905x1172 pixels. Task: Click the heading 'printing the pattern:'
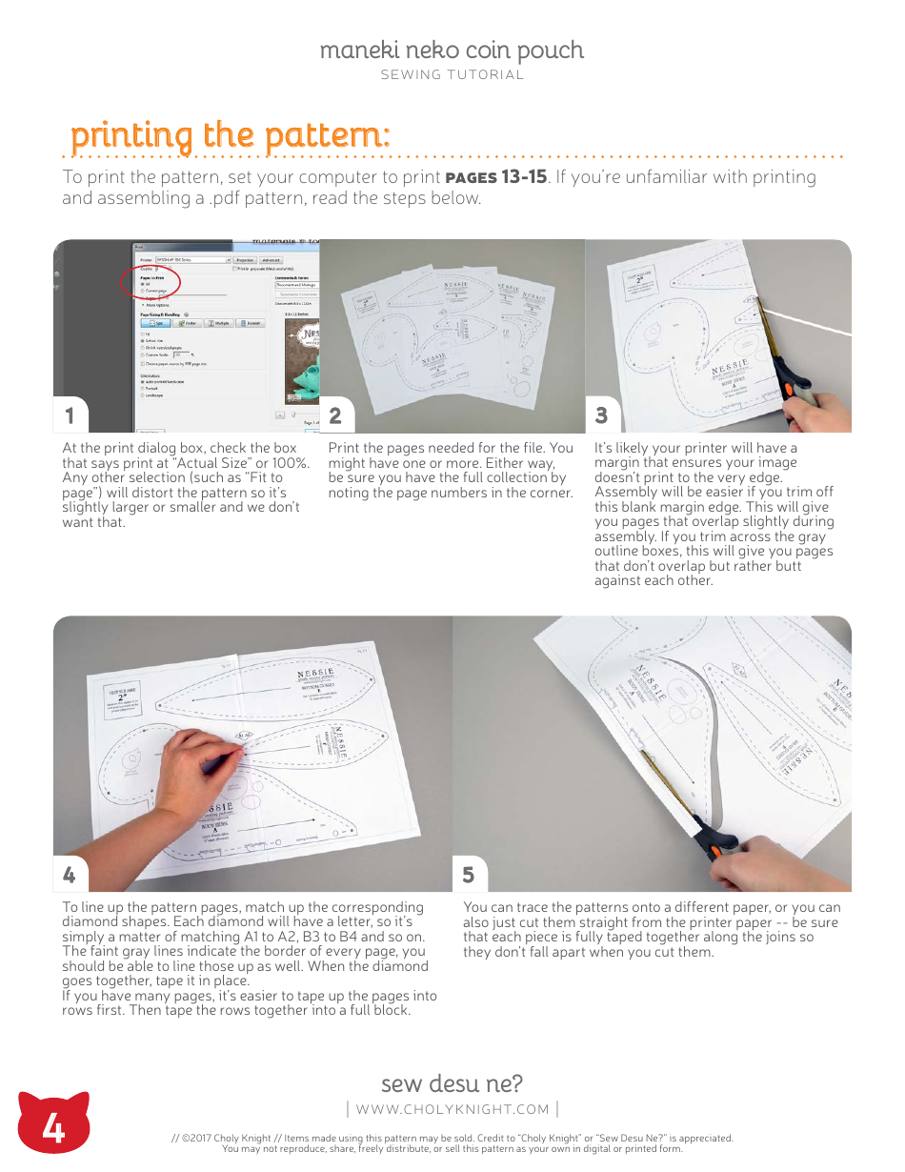[230, 135]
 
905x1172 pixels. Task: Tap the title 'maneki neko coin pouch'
[452, 50]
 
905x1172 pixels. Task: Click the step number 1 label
[69, 415]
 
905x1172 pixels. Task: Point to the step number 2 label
[335, 415]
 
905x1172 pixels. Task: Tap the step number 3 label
[601, 415]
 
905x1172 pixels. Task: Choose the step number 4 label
[69, 874]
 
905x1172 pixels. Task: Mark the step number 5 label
[469, 874]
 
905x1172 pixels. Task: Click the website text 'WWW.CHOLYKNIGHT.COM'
[452, 1109]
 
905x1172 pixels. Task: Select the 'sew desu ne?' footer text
[452, 1083]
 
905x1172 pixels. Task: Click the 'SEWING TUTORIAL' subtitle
[452, 75]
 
